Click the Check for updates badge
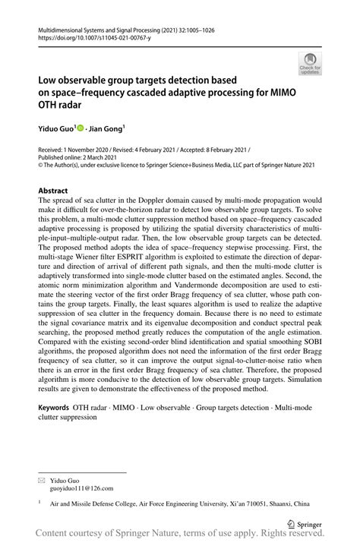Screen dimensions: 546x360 click(x=309, y=65)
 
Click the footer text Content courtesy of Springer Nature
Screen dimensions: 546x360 click(x=114, y=536)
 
